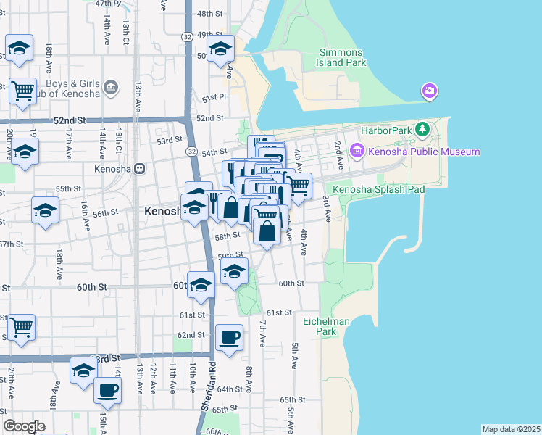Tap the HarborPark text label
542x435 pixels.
click(x=392, y=130)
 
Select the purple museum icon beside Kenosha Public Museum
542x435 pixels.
click(x=357, y=152)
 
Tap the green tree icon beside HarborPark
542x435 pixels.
click(x=424, y=130)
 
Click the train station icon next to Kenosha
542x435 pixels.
click(x=139, y=169)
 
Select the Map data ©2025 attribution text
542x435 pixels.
click(x=511, y=429)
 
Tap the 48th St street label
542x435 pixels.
click(x=209, y=14)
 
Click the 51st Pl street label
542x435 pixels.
click(x=214, y=97)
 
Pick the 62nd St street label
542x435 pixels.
click(x=192, y=335)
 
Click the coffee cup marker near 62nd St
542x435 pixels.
click(x=230, y=337)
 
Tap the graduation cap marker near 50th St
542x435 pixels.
click(x=220, y=49)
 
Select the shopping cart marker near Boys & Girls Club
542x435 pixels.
click(x=22, y=91)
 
